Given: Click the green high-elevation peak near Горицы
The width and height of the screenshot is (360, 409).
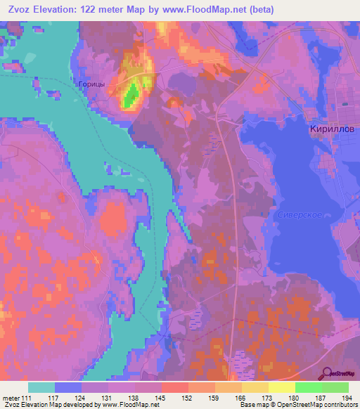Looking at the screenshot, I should pos(129,96).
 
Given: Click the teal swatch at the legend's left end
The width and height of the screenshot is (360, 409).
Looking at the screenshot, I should pos(41,387).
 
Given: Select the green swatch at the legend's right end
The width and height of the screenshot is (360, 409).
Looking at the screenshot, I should pos(335,387).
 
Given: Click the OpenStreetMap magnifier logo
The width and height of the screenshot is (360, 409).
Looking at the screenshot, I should pos(327,373).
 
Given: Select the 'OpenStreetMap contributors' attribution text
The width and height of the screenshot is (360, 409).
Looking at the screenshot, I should pos(318,405).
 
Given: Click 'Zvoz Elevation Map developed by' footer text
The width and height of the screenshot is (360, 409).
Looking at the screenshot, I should pos(49,405).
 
